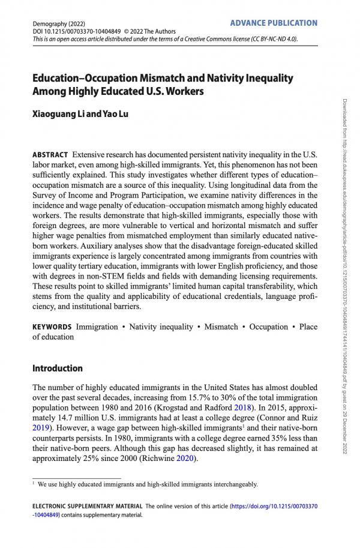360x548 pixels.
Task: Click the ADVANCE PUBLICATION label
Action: click(274, 23)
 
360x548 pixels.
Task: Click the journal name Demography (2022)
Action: click(58, 23)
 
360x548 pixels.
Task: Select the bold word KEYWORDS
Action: click(52, 327)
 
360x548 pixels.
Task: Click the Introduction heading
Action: click(58, 368)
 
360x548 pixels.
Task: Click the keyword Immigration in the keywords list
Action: click(97, 327)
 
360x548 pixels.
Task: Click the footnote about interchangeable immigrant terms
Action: click(148, 484)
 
